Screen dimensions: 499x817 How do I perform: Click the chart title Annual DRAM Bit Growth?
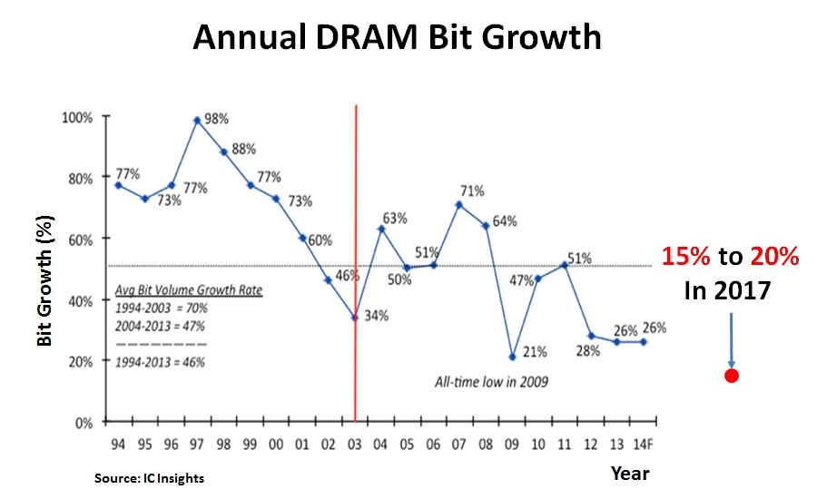[398, 37]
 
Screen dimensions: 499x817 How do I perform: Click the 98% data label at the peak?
[216, 118]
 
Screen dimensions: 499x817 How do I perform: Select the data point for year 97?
[196, 120]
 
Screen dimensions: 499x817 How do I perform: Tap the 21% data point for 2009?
[513, 357]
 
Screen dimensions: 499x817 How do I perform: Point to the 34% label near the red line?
[377, 316]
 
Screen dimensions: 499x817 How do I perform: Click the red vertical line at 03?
[355, 227]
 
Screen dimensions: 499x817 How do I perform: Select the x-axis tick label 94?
[117, 444]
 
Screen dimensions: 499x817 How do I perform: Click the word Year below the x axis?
[630, 472]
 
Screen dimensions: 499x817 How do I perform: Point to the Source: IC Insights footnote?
[149, 478]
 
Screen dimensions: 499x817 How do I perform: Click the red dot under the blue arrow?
[732, 376]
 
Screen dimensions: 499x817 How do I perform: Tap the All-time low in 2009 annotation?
[490, 382]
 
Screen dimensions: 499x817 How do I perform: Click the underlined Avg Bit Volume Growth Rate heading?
[189, 292]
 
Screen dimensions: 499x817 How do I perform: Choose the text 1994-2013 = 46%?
[160, 362]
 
